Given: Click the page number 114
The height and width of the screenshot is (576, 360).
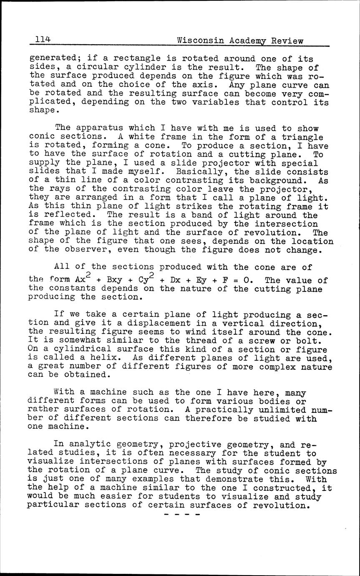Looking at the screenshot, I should (x=43, y=40).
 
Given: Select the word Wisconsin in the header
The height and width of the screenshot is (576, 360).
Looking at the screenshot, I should (x=198, y=40).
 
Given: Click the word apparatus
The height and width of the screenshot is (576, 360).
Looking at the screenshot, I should (x=101, y=128).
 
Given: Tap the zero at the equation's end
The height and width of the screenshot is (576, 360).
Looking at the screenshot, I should (x=246, y=280).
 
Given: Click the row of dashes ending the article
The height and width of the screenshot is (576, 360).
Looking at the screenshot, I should (x=182, y=515).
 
